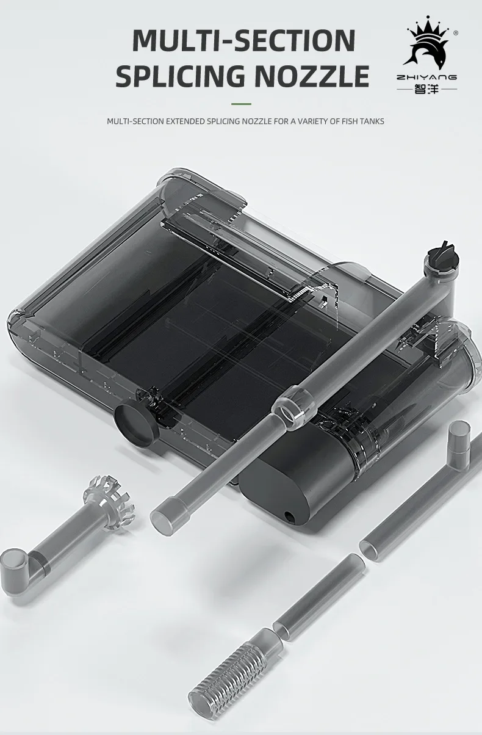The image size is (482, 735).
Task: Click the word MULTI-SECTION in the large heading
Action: coord(243,40)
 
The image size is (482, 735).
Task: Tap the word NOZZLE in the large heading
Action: coord(311,76)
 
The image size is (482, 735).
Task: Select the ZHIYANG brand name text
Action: coord(426,78)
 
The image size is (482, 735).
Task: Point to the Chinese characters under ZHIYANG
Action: coord(426,89)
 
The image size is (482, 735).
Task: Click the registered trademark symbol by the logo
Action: coord(456,34)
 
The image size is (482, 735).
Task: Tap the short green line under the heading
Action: coord(241,103)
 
